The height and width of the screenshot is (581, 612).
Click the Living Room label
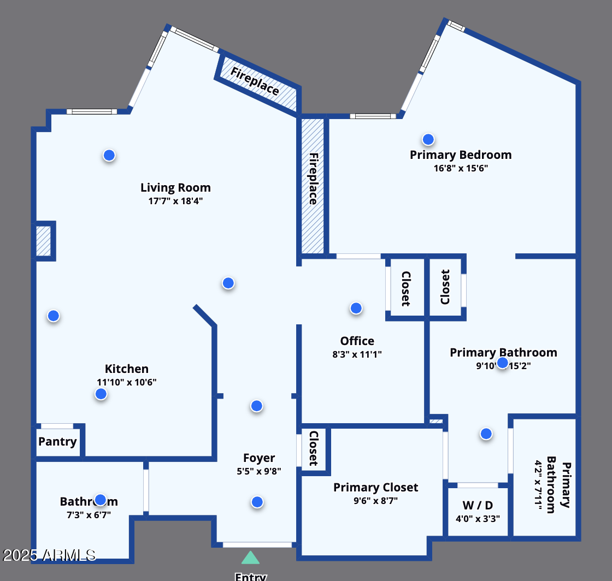point(175,188)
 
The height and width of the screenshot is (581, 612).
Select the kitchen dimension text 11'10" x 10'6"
point(127,382)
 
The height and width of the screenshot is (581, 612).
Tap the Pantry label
point(57,442)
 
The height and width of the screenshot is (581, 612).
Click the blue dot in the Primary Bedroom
point(428,139)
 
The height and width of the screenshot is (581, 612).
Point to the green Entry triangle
point(250,558)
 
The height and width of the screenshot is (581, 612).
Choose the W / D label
point(478,505)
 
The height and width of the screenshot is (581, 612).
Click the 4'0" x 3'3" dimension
point(478,519)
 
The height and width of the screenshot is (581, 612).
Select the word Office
point(357,341)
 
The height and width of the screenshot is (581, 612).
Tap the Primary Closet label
point(375,488)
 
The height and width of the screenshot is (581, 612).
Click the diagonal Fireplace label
point(255,81)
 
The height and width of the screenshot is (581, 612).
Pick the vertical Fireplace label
point(313,179)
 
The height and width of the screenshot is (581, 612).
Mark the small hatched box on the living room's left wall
point(43,241)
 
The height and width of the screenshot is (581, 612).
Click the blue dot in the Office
point(356,309)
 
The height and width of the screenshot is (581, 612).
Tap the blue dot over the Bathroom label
point(100,500)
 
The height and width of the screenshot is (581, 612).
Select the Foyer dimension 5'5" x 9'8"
point(259,471)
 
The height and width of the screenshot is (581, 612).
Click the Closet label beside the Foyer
point(314,448)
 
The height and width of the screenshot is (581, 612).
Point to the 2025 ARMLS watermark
point(49,555)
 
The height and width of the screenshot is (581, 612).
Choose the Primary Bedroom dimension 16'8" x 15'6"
point(461,168)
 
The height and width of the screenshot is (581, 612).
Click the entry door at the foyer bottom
point(257,544)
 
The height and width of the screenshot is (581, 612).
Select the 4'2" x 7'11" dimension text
point(539,486)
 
